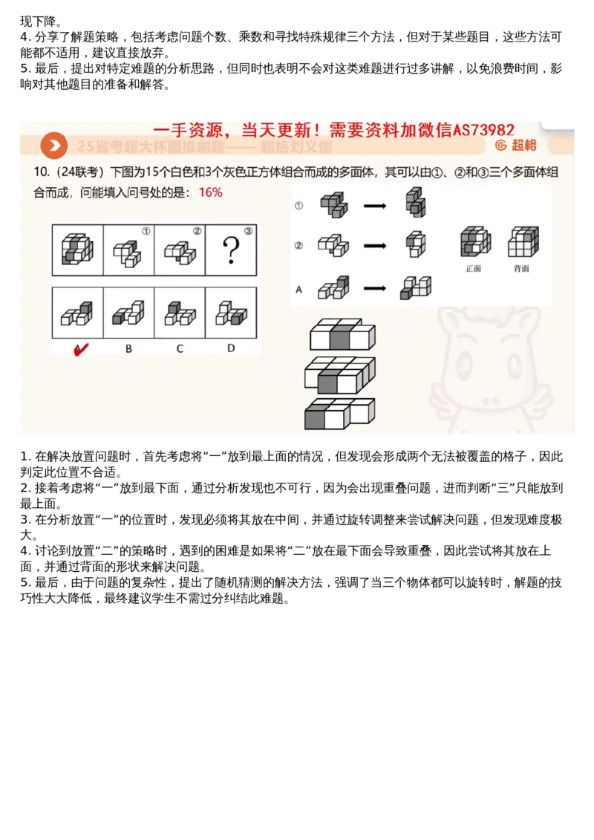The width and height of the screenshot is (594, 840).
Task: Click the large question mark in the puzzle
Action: click(230, 250)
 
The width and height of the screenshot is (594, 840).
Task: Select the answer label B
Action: click(128, 348)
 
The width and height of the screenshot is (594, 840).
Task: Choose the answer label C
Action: click(179, 348)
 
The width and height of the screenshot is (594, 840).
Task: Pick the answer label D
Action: click(230, 348)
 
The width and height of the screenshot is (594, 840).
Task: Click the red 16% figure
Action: click(210, 192)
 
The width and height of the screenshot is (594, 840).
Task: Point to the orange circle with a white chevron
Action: click(54, 145)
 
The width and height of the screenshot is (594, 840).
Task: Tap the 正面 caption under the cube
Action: click(473, 268)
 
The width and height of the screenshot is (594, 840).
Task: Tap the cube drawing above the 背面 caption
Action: click(522, 241)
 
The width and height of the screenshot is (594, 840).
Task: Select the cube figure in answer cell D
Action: click(230, 313)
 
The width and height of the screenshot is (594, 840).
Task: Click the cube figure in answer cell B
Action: click(128, 313)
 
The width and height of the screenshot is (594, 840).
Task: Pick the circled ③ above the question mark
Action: click(248, 231)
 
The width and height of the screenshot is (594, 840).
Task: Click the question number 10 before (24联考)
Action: click(41, 172)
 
